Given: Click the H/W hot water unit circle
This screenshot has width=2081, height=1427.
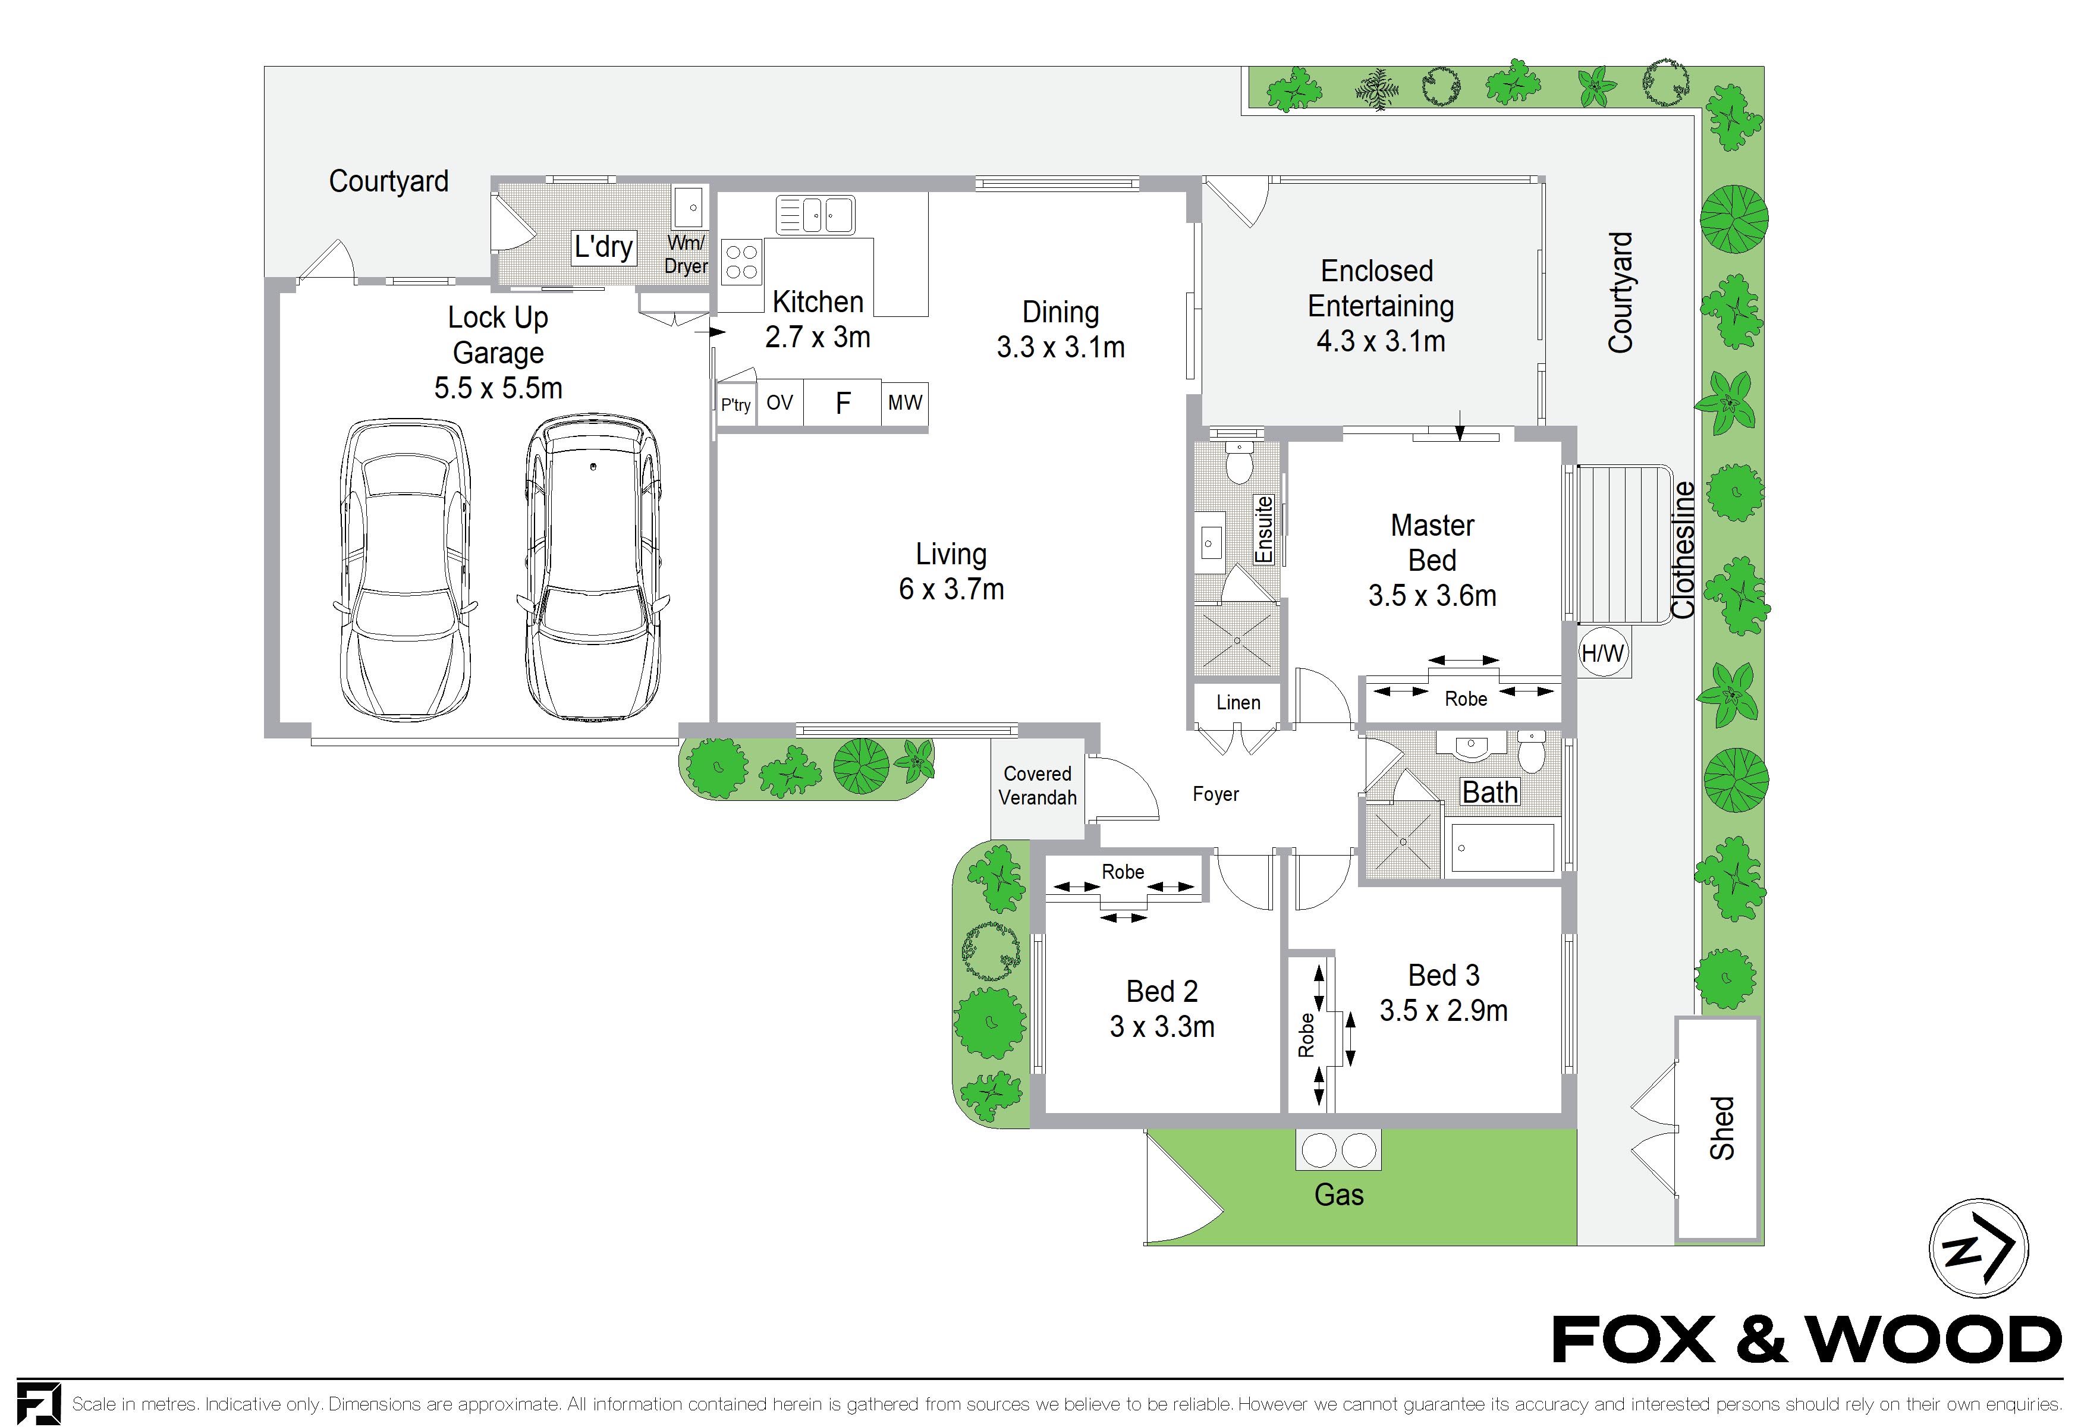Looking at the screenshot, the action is pos(1603,653).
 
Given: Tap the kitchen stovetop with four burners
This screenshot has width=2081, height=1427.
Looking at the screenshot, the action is pos(741,262).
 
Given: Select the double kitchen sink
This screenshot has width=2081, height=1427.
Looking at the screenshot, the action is pos(815,215).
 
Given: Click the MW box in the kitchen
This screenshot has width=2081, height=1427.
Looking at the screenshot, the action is pos(904,403).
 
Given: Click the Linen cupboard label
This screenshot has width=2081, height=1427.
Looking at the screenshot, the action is pos(1238,703).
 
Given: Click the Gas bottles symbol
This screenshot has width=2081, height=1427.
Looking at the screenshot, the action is pos(1339,1151).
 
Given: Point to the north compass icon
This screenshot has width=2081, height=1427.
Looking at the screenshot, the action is pos(1978,1248).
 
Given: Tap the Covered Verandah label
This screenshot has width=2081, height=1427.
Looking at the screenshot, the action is pos(1038,785).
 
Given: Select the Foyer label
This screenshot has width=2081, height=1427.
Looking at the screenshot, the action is pos(1216,794).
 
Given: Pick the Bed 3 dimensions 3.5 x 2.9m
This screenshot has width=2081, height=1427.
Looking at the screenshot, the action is pos(1444,1011).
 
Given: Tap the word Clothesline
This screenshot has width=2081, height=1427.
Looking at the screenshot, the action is pos(1683,549).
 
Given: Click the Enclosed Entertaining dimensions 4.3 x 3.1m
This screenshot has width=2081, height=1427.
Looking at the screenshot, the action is pos(1381,341).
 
